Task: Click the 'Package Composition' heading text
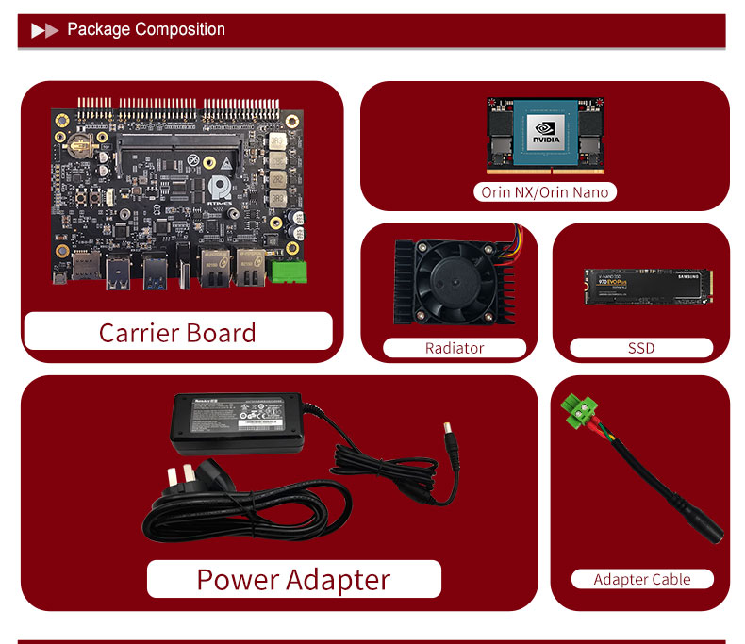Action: pos(146,29)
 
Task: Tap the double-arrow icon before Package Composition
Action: pos(44,30)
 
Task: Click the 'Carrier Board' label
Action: pos(177,333)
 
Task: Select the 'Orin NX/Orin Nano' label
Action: pos(545,192)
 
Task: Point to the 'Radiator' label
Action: pos(455,348)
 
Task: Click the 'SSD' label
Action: pos(641,348)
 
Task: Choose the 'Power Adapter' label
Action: pos(293,579)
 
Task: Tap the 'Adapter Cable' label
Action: pos(642,579)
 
